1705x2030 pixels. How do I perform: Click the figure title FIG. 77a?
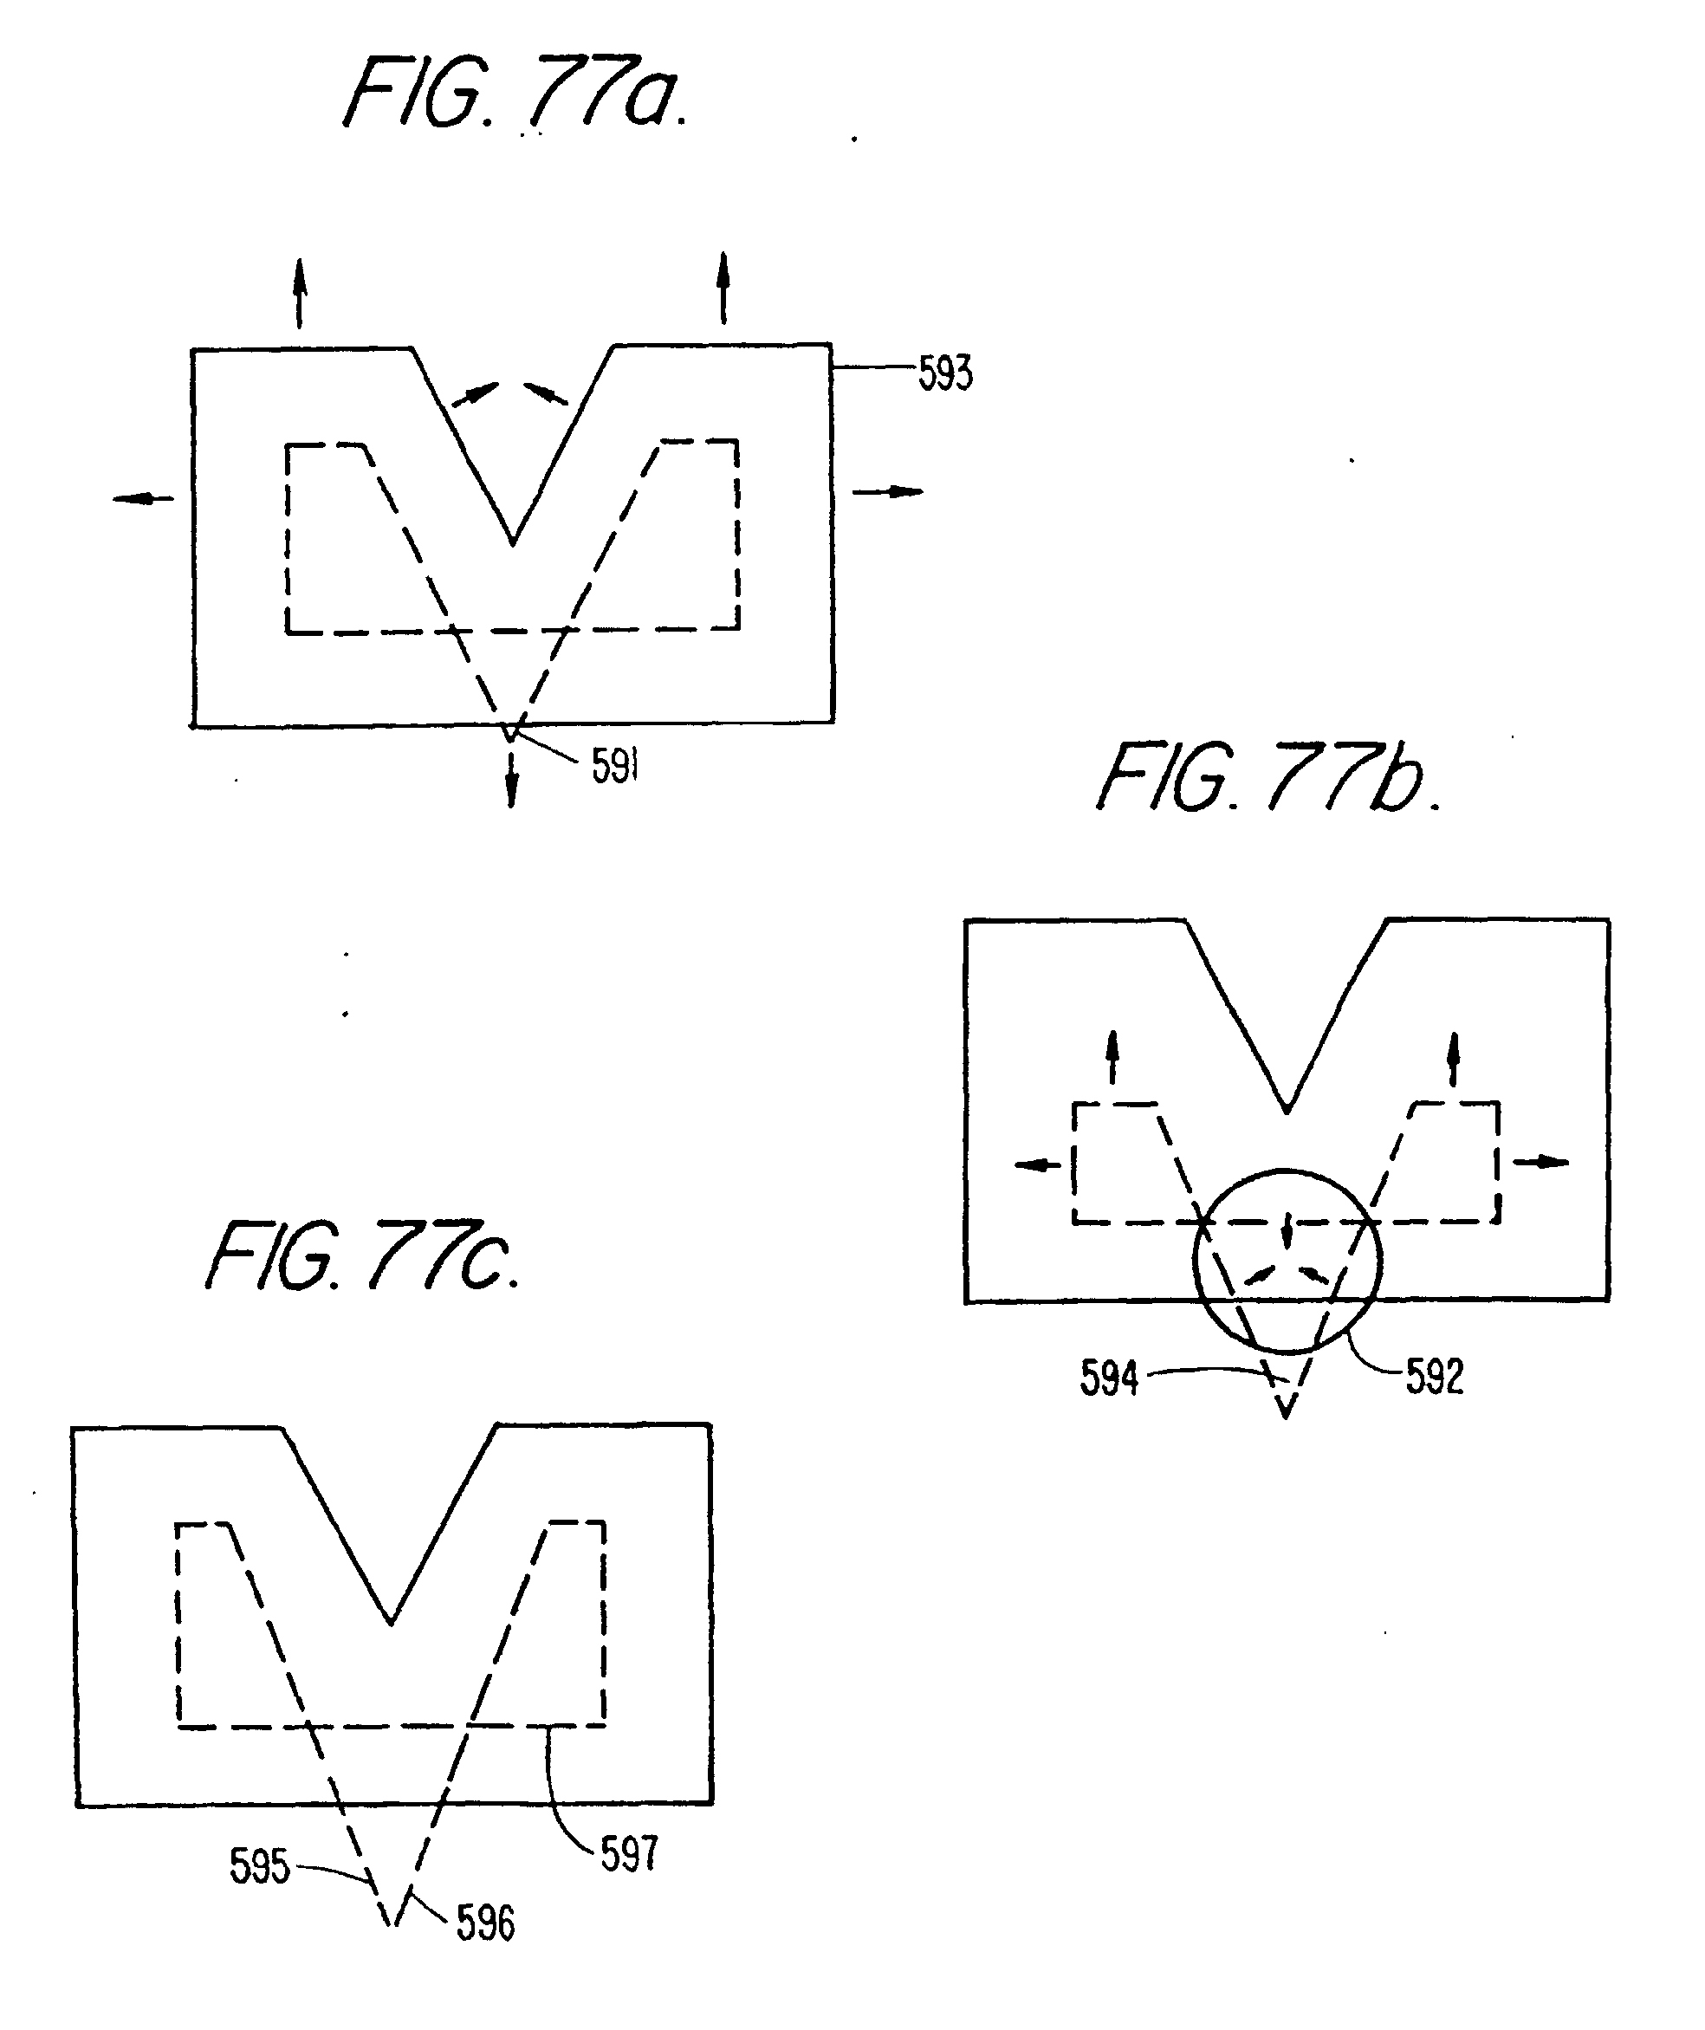516,94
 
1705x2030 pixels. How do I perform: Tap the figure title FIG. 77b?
1268,778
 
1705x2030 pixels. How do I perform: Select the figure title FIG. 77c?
363,1256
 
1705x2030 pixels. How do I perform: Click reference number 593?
945,373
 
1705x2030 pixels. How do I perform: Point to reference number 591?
616,767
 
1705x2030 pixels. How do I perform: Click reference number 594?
1109,1378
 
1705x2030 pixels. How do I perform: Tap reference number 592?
1435,1377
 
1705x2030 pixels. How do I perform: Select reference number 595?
259,1866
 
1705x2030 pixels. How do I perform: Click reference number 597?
629,1854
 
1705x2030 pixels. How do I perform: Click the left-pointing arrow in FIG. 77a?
143,499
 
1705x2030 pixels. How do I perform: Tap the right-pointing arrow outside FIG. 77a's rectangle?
887,492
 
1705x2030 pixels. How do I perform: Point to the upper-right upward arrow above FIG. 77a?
723,286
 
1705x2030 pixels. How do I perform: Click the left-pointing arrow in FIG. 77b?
1037,1164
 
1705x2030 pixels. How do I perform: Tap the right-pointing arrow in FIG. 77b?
1540,1162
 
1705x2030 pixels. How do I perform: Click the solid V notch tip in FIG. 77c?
391,1623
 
